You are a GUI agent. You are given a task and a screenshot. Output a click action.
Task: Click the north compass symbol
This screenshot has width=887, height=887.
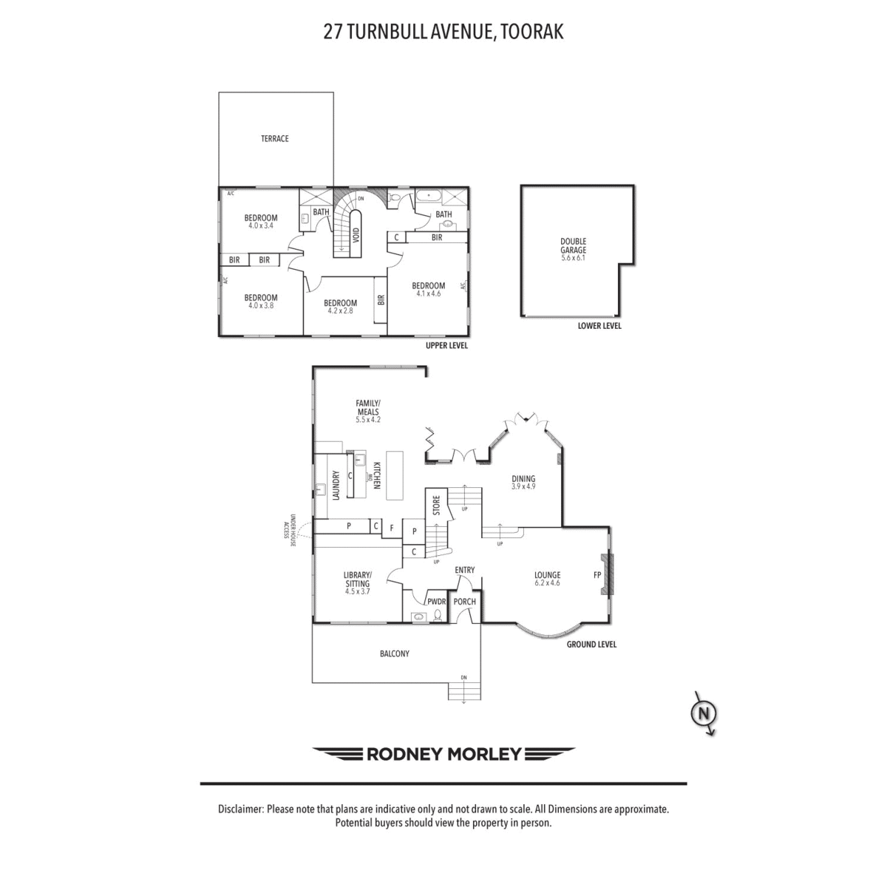[x=704, y=714]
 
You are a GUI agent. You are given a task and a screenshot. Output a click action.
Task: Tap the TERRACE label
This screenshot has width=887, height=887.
[x=275, y=138]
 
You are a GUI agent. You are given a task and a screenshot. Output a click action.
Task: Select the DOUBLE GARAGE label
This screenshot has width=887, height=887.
[x=573, y=246]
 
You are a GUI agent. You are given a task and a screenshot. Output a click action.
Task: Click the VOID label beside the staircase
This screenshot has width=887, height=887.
[x=356, y=236]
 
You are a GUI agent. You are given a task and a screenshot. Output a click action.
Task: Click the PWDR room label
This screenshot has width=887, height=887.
[x=436, y=602]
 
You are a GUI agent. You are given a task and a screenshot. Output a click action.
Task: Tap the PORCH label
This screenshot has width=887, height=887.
[x=464, y=602]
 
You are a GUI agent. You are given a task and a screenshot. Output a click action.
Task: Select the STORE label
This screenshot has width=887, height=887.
[x=436, y=505]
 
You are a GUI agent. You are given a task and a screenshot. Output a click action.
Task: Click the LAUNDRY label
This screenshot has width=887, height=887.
[x=336, y=485]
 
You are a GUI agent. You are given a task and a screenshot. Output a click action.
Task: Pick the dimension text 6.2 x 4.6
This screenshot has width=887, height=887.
[x=547, y=582]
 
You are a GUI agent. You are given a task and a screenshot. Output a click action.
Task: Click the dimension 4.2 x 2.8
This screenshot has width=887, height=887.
[x=340, y=310]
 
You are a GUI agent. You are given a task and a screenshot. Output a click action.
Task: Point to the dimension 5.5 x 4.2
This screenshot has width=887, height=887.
[x=368, y=420]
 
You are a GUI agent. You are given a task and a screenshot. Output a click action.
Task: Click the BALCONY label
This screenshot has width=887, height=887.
[x=395, y=653]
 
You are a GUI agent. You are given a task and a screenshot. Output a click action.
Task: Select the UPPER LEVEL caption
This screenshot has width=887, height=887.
[x=446, y=345]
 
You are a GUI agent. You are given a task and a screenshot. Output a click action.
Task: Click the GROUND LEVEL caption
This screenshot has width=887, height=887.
[x=591, y=645]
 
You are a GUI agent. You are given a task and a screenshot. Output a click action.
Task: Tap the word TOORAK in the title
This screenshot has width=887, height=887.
[x=532, y=33]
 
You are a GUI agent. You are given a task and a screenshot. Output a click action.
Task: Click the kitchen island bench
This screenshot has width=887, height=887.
[x=395, y=475]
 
